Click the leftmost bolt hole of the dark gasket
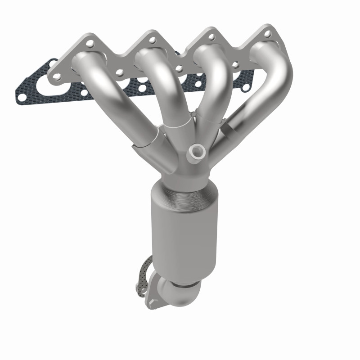pyautogui.click(x=21, y=95)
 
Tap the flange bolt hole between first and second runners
pyautogui.click(x=119, y=72)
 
